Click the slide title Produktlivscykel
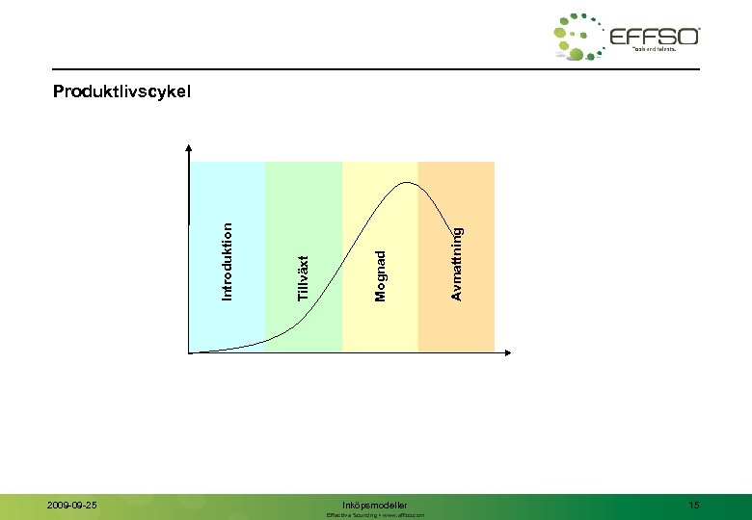pos(122,92)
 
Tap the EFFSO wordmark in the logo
pos(655,38)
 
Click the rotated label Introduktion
pos(228,260)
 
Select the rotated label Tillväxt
pos(304,278)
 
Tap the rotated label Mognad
pos(381,274)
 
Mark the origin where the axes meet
pos(190,352)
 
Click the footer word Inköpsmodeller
pos(375,505)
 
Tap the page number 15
pos(694,505)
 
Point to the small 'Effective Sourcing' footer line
pos(375,515)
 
